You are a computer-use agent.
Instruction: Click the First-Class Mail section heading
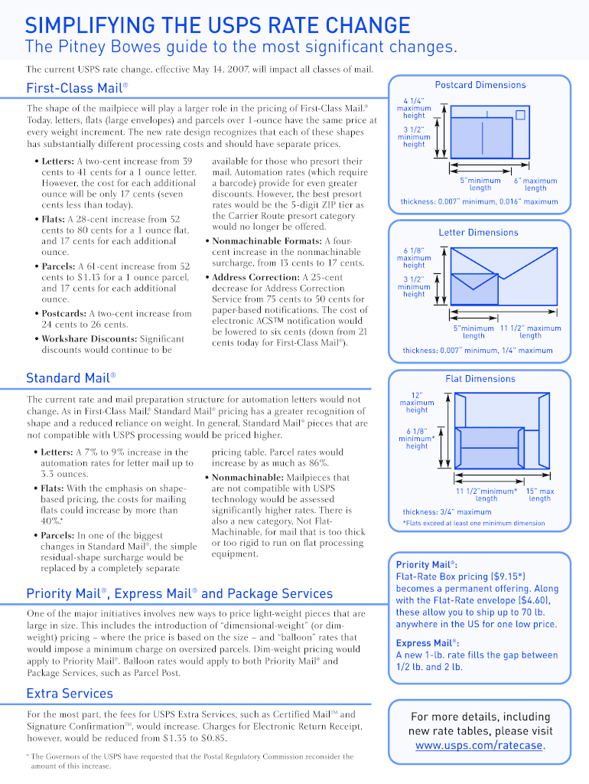pyautogui.click(x=76, y=88)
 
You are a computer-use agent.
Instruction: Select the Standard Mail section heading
pyautogui.click(x=70, y=377)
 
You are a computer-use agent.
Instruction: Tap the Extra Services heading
pyautogui.click(x=69, y=693)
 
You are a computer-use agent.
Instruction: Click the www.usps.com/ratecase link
pyautogui.click(x=480, y=745)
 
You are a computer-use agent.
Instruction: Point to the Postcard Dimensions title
pyautogui.click(x=480, y=85)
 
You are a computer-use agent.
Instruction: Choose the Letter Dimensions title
pyautogui.click(x=478, y=232)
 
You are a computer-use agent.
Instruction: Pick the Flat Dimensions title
pyautogui.click(x=480, y=378)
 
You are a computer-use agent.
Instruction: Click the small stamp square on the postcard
pyautogui.click(x=520, y=115)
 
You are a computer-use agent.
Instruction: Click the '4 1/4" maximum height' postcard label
pyautogui.click(x=414, y=108)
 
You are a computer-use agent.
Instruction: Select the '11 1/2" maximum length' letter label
pyautogui.click(x=530, y=332)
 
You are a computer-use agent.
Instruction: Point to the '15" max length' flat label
pyautogui.click(x=539, y=495)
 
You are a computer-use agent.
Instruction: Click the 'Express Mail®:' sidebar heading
pyautogui.click(x=427, y=643)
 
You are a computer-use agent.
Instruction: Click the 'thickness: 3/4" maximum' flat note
pyautogui.click(x=447, y=512)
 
